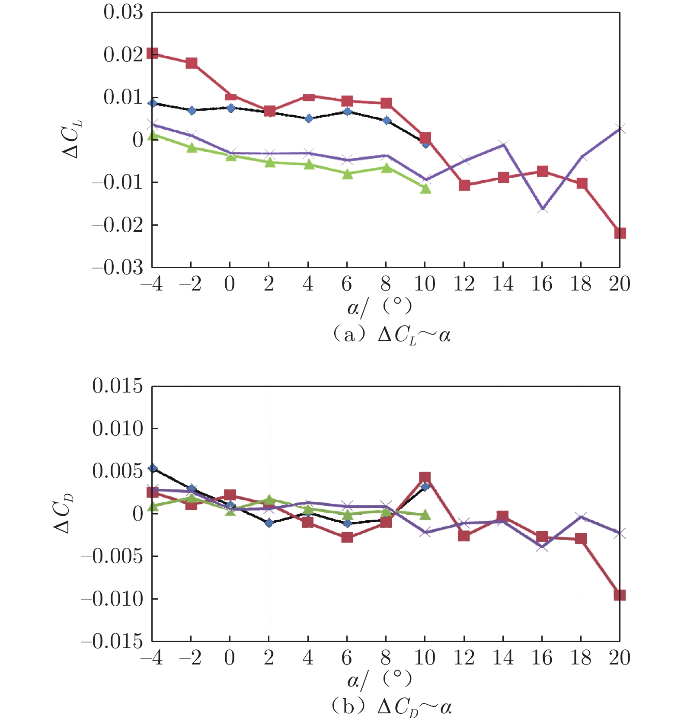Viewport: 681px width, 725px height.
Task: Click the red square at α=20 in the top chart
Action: click(620, 233)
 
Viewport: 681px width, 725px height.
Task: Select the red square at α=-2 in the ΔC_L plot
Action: click(192, 63)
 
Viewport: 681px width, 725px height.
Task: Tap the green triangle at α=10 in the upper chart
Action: click(425, 188)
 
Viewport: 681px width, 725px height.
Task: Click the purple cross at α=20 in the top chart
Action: click(620, 128)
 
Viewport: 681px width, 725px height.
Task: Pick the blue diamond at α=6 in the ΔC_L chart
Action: click(347, 112)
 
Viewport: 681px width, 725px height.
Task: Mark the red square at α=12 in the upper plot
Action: click(464, 185)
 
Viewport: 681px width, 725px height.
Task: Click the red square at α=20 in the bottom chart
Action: click(620, 595)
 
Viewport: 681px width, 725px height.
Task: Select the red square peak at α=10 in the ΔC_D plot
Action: click(425, 478)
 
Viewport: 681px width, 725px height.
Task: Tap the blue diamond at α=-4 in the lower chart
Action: click(153, 468)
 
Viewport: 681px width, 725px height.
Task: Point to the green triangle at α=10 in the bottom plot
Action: click(425, 514)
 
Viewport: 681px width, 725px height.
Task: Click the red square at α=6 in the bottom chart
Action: click(347, 537)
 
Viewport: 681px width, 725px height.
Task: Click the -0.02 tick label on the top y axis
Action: click(117, 225)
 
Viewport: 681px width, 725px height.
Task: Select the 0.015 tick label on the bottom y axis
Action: click(117, 386)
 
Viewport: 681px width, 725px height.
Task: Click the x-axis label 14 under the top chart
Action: click(503, 284)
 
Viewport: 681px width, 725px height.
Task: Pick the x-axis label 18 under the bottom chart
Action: click(581, 658)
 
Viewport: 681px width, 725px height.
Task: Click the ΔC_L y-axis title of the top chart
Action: click(72, 138)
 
